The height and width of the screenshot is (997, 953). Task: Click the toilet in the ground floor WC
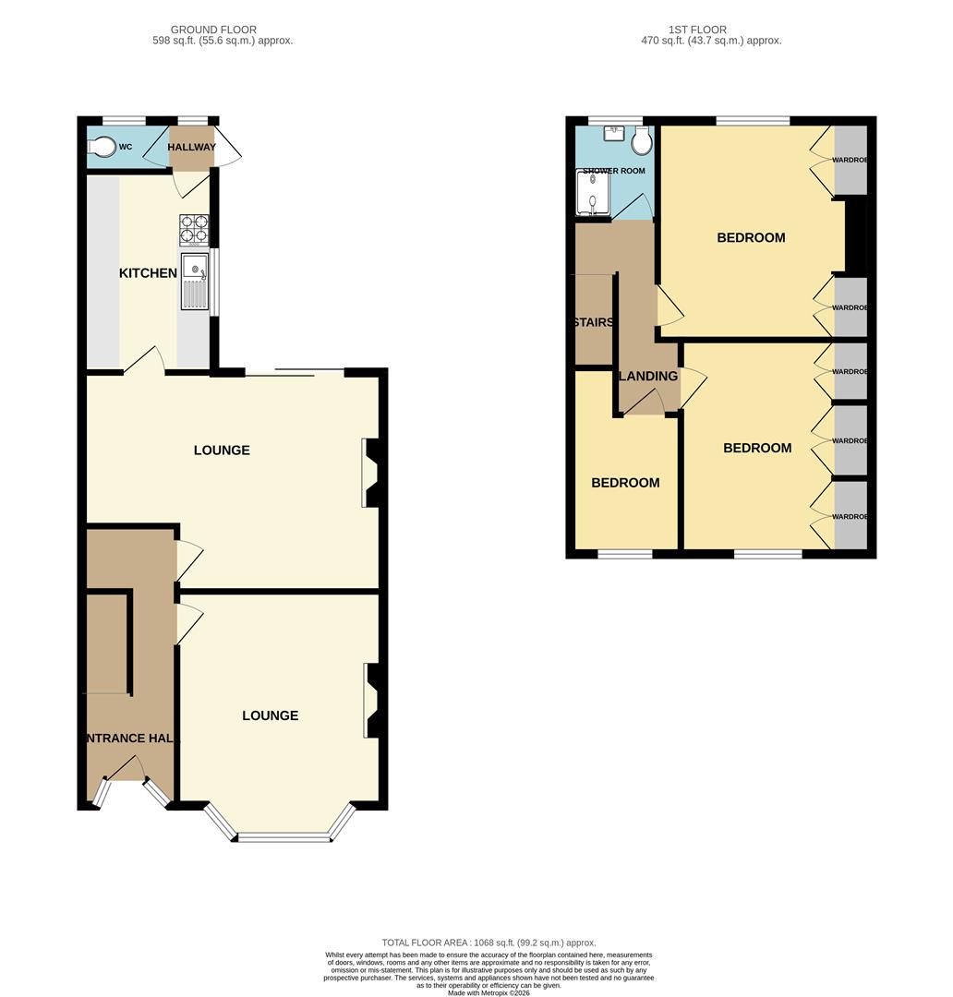(104, 146)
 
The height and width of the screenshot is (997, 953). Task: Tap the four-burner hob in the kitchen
(194, 229)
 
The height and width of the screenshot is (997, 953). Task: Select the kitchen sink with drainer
(196, 281)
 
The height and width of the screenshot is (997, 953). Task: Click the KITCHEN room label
(148, 273)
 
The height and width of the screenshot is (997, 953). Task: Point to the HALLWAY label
(191, 148)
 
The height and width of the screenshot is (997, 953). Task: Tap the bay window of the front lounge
(283, 836)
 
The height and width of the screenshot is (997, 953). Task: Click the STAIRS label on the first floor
(593, 322)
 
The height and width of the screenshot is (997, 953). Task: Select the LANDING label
(648, 376)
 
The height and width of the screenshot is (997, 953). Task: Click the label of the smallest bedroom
(625, 483)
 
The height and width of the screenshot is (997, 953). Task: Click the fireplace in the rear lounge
(371, 473)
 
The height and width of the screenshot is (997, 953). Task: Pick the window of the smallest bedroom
(625, 554)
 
